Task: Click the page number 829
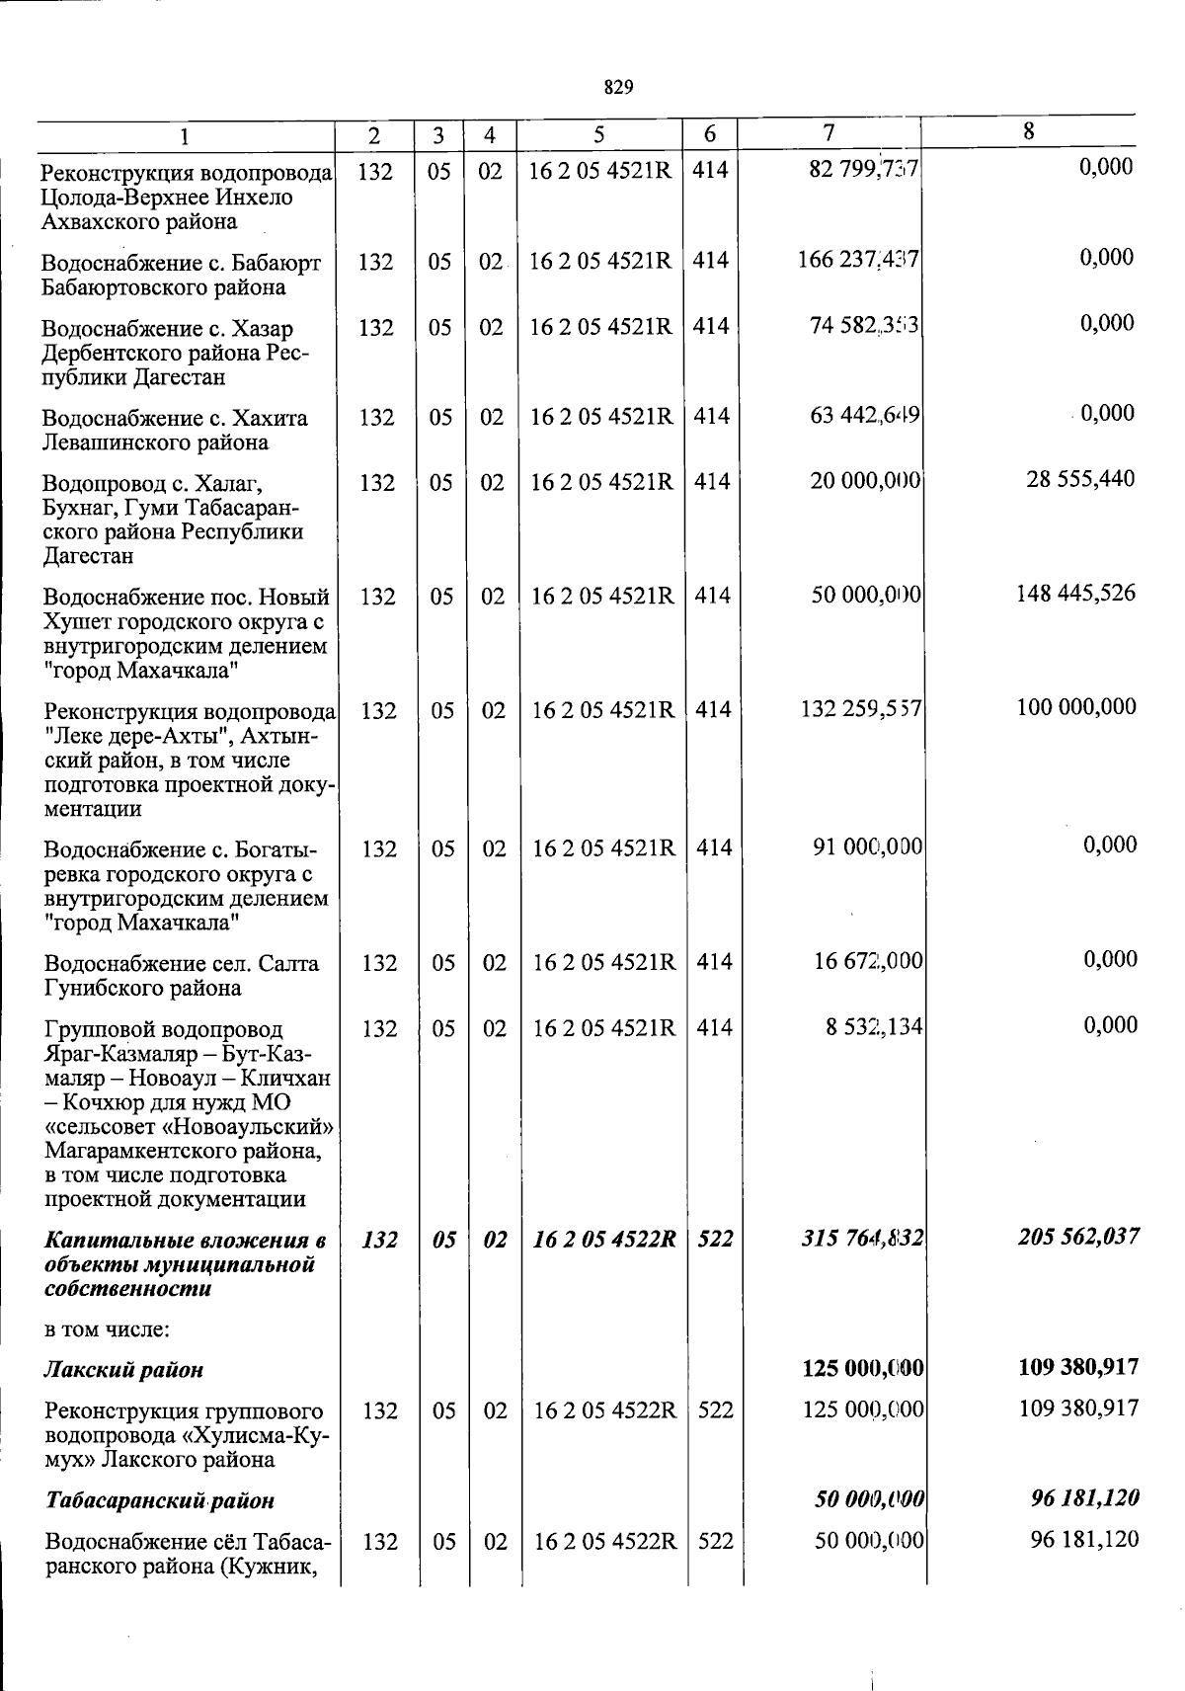(x=617, y=88)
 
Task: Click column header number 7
(x=829, y=131)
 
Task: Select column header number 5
(x=599, y=134)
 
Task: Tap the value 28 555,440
(x=1080, y=479)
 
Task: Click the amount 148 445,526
(x=1075, y=594)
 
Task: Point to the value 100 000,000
(x=1076, y=707)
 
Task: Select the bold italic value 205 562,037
(x=1078, y=1237)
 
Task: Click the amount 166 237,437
(x=858, y=260)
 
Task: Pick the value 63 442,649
(x=864, y=416)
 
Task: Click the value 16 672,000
(x=868, y=961)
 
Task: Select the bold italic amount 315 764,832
(x=862, y=1239)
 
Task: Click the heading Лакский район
(x=124, y=1370)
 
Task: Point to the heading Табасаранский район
(x=160, y=1500)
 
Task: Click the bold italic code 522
(x=715, y=1239)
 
